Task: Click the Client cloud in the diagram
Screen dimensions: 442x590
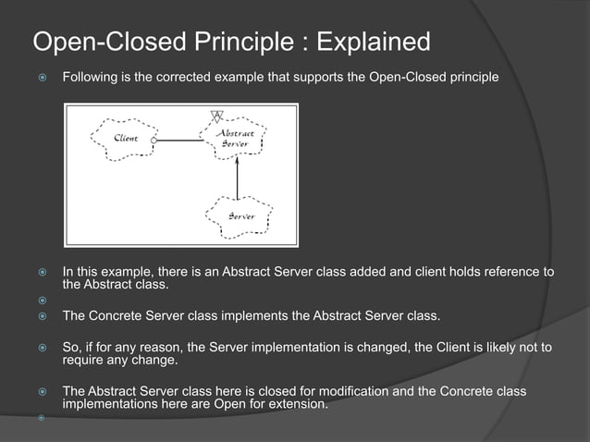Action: click(125, 140)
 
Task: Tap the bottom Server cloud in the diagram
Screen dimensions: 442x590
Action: click(238, 216)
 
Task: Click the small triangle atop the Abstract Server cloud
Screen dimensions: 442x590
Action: click(217, 117)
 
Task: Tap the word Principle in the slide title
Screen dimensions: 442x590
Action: click(234, 43)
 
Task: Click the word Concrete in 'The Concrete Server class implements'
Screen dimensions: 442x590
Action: click(117, 316)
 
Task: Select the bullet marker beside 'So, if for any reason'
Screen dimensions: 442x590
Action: click(41, 348)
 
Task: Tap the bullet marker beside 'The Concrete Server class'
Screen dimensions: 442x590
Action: click(41, 316)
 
